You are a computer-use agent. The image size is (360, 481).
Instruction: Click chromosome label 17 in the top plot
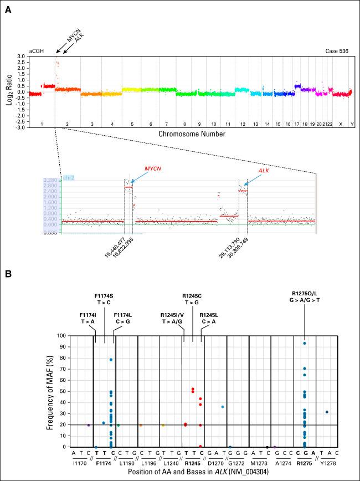point(297,125)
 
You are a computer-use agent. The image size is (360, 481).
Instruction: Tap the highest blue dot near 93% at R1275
point(304,343)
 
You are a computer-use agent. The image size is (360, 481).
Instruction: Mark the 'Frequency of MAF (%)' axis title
point(49,391)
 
